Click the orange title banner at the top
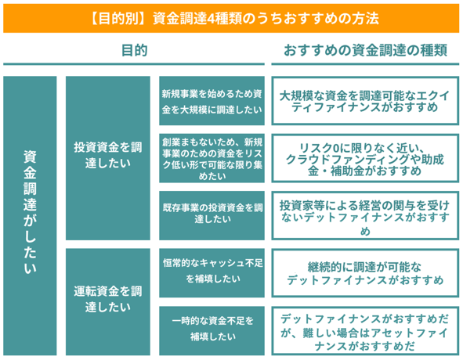[x=231, y=18]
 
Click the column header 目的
[x=134, y=50]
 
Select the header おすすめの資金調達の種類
[x=365, y=50]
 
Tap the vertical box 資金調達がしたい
[x=30, y=216]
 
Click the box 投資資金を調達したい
[x=108, y=158]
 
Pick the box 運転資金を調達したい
[x=108, y=302]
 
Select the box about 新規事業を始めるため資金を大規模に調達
[x=212, y=101]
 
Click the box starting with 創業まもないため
[x=212, y=158]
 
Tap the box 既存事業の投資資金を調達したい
[x=212, y=215]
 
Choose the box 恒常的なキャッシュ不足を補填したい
[x=212, y=272]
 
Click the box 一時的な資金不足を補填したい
[x=212, y=330]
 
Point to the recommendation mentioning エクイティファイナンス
[x=365, y=101]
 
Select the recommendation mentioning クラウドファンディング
[x=365, y=158]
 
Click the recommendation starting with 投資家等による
[x=365, y=215]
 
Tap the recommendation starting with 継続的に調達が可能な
[x=365, y=272]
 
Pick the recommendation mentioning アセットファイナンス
[x=365, y=330]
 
